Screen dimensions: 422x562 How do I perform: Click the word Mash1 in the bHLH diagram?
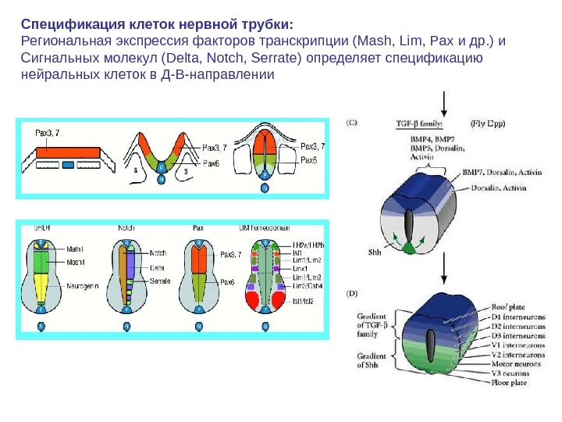pyautogui.click(x=76, y=262)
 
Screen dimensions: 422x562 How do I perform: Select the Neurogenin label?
pyautogui.click(x=83, y=286)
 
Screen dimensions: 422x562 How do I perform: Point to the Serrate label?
pyautogui.click(x=159, y=280)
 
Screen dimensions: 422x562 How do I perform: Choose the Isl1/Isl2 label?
pyautogui.click(x=304, y=301)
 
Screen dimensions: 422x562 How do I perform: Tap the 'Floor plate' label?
pyautogui.click(x=509, y=383)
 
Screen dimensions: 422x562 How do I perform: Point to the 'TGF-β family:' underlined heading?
pyautogui.click(x=421, y=123)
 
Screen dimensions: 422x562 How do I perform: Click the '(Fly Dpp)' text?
pyautogui.click(x=489, y=123)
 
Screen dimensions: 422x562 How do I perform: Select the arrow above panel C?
pyautogui.click(x=444, y=102)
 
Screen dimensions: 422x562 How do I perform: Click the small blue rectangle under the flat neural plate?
pyautogui.click(x=68, y=165)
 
